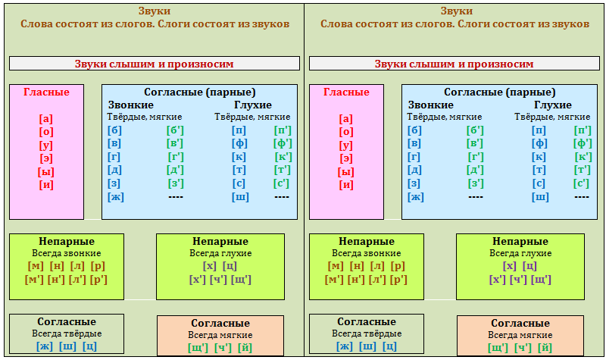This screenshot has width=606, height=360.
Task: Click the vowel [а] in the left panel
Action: tap(46, 118)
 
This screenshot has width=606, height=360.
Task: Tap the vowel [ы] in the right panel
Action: tap(346, 171)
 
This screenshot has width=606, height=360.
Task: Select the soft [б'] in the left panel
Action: tap(175, 130)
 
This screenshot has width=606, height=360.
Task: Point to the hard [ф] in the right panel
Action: tap(540, 143)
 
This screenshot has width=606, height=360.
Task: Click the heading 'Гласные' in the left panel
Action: tap(46, 92)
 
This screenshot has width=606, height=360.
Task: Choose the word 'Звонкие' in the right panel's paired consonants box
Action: tap(431, 105)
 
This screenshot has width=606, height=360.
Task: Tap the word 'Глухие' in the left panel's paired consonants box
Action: tap(253, 105)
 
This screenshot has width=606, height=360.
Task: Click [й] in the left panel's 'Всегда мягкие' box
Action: tap(245, 348)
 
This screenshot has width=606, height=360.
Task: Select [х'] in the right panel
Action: tap(498, 280)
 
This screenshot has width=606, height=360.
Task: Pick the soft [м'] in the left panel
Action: tap(36, 280)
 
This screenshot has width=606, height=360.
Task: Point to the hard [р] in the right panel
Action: tap(398, 266)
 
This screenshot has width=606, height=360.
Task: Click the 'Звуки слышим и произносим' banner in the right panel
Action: tap(454, 64)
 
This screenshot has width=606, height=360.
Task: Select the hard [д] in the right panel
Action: tap(415, 170)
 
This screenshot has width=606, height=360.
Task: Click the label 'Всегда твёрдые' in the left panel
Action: tap(67, 333)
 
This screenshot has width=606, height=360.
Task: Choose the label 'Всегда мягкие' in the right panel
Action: tap(520, 335)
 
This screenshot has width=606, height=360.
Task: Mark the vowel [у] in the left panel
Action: tap(46, 145)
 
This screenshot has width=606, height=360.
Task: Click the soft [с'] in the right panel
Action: tap(581, 183)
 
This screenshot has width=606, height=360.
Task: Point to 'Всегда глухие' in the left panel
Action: tap(221, 253)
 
